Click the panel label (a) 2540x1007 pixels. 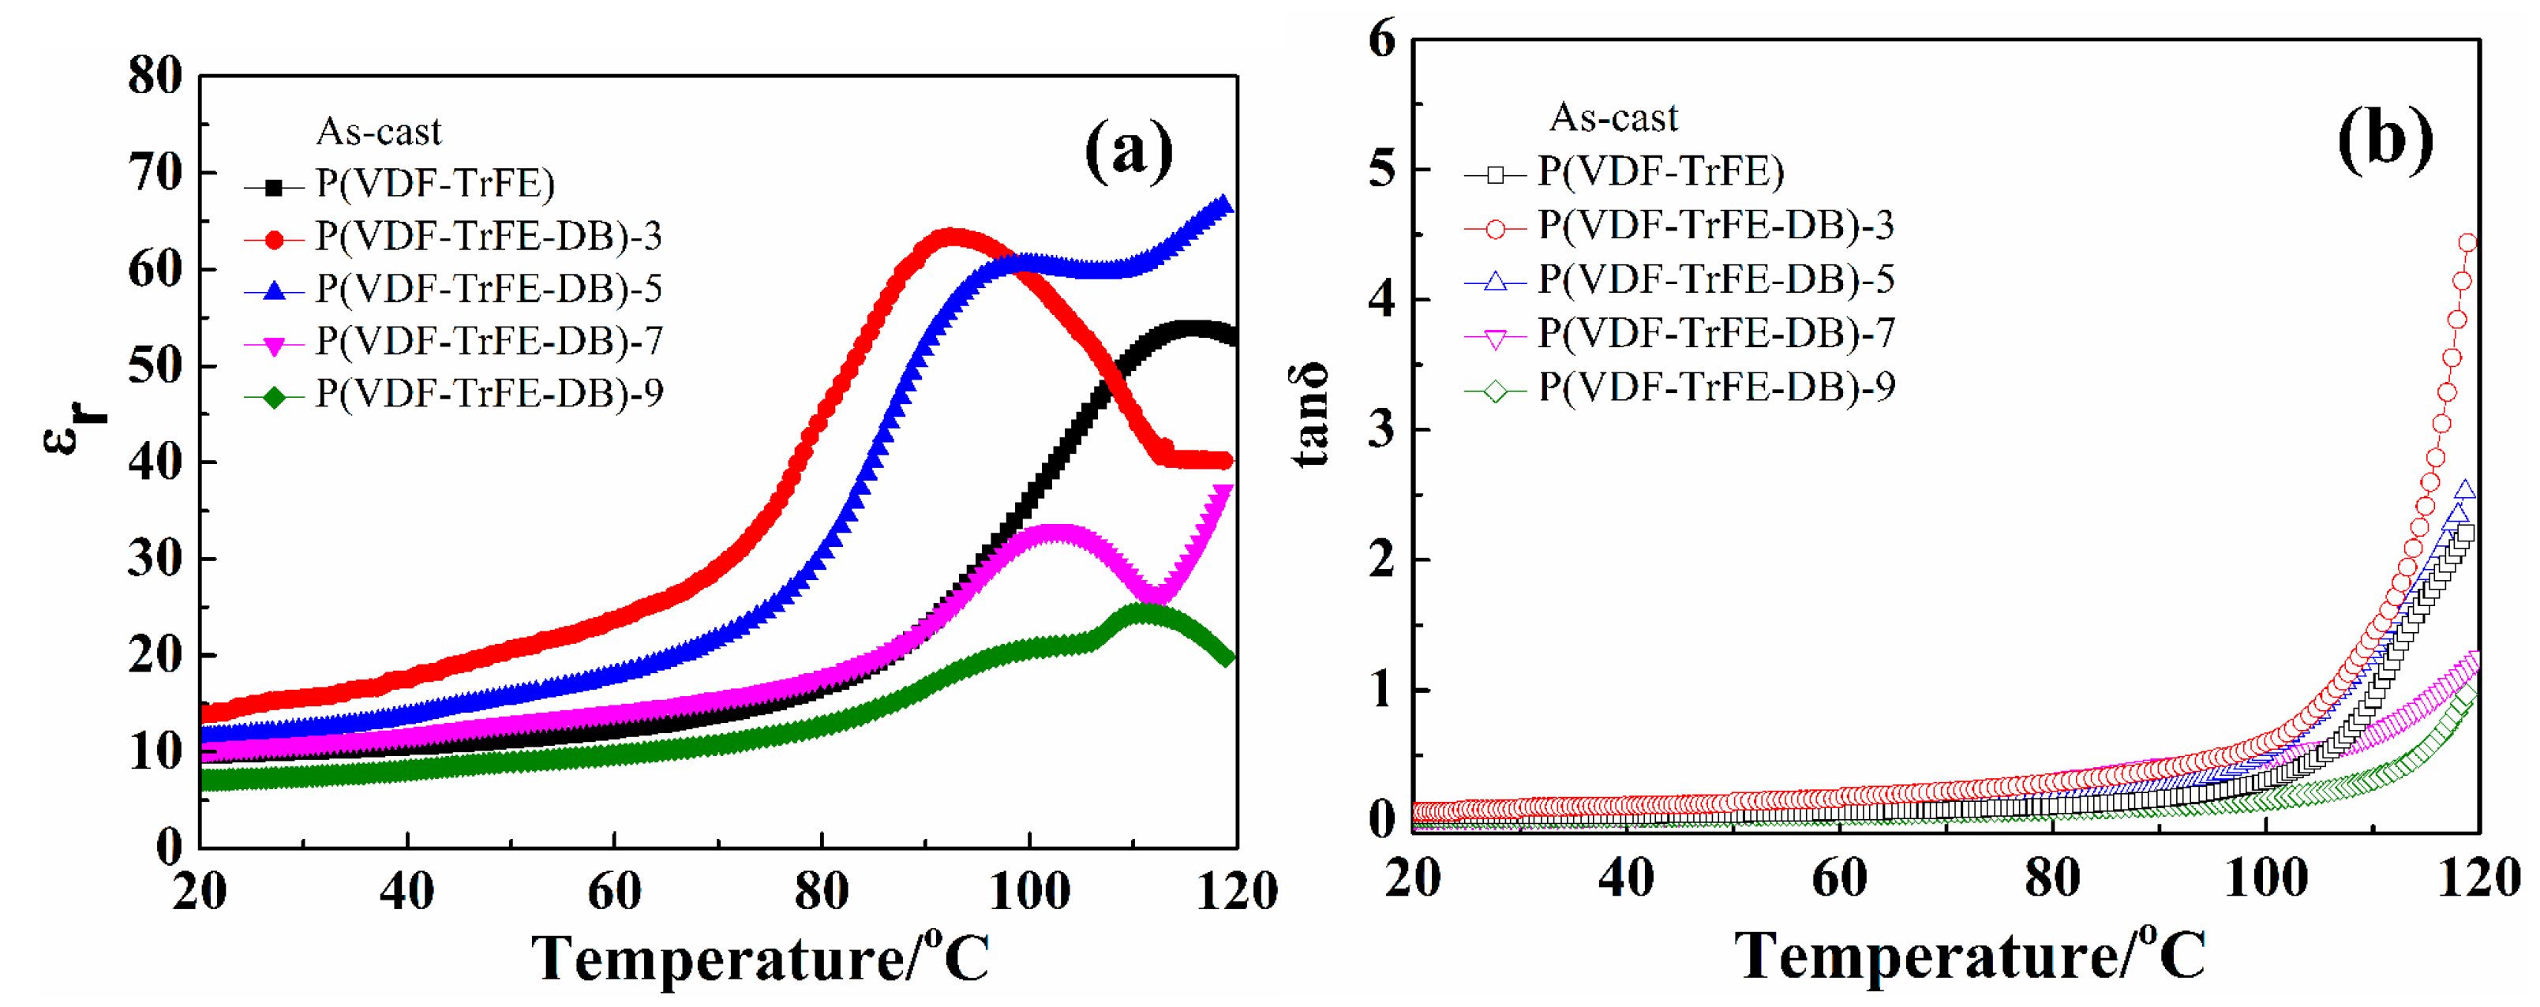pos(1128,150)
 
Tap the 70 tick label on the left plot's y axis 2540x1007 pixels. pos(155,173)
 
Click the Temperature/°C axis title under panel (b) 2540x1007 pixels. pos(1969,955)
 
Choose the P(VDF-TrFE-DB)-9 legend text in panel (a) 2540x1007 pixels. pos(489,394)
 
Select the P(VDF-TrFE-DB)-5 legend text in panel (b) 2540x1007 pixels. pos(1716,280)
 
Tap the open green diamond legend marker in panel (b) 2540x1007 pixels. pos(1495,391)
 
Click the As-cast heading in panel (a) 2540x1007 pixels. pos(379,131)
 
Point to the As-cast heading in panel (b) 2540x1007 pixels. pos(1613,118)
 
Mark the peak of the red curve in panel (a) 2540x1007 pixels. pos(950,238)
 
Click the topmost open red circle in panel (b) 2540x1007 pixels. pos(2468,242)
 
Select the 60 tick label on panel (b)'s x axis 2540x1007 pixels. pos(1839,878)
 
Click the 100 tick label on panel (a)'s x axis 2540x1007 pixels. pos(1029,892)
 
